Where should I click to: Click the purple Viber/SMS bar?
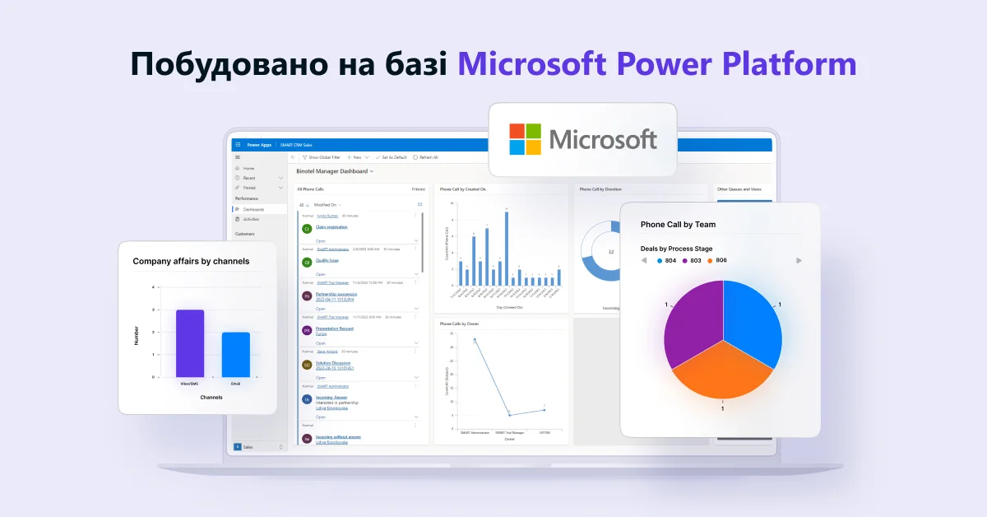pyautogui.click(x=190, y=343)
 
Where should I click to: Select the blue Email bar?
pyautogui.click(x=235, y=354)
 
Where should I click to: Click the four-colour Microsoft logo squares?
pyautogui.click(x=525, y=139)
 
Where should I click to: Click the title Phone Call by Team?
pyautogui.click(x=678, y=224)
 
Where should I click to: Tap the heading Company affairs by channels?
pyautogui.click(x=191, y=261)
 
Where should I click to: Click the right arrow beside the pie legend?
pyautogui.click(x=799, y=260)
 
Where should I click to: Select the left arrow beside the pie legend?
pyautogui.click(x=644, y=260)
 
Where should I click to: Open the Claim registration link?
pyautogui.click(x=331, y=226)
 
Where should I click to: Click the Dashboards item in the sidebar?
pyautogui.click(x=253, y=209)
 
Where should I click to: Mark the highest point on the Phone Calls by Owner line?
pyautogui.click(x=475, y=340)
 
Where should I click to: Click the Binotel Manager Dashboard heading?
pyautogui.click(x=333, y=171)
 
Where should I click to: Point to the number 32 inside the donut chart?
pyautogui.click(x=610, y=251)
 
